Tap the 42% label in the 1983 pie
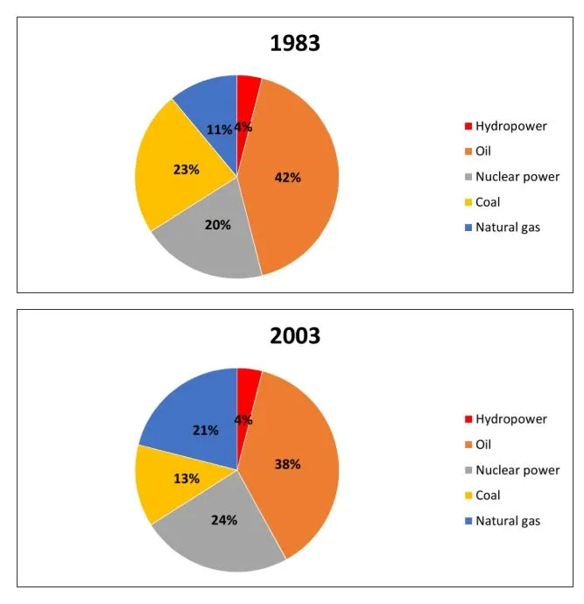287,177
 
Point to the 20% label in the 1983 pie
218,225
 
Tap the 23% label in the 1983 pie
186,169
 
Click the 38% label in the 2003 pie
287,464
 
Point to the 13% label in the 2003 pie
186,479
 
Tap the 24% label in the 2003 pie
224,518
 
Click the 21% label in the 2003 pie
206,430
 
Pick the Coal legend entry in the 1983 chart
488,202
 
